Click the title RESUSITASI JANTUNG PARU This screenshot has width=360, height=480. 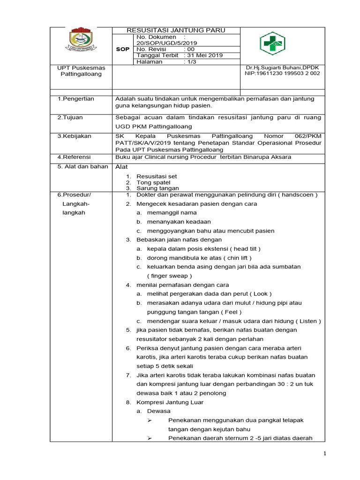pyautogui.click(x=176, y=30)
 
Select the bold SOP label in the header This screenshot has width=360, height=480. pyautogui.click(x=123, y=49)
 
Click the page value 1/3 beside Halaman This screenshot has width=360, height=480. pyautogui.click(x=192, y=61)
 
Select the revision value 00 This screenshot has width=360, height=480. pyautogui.click(x=190, y=49)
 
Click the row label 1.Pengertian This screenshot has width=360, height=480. pyautogui.click(x=76, y=99)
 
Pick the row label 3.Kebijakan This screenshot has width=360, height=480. pyautogui.click(x=75, y=136)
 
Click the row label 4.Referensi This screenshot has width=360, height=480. pyautogui.click(x=74, y=157)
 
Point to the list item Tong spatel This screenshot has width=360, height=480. pyautogui.click(x=153, y=182)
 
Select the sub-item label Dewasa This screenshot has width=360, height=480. pyautogui.click(x=159, y=411)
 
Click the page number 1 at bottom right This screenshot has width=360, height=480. pyautogui.click(x=324, y=454)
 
